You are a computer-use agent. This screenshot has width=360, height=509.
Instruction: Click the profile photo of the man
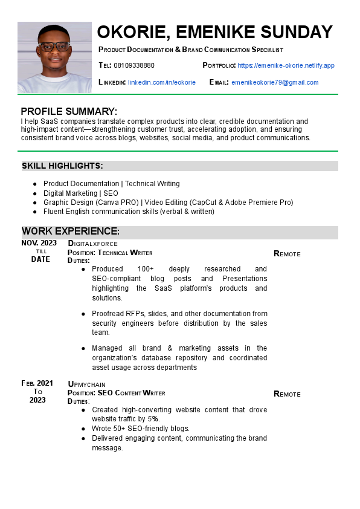coord(54,57)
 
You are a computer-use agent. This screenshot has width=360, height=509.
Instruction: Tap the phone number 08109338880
coord(134,65)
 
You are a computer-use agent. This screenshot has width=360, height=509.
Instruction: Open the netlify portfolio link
coord(286,65)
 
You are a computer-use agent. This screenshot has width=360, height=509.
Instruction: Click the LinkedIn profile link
coord(162,82)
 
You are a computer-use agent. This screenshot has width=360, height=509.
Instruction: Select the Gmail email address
coord(275,82)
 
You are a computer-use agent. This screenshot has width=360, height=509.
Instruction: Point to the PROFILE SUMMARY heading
coord(69,111)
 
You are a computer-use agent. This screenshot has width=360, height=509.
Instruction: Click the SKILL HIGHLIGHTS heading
coord(62,166)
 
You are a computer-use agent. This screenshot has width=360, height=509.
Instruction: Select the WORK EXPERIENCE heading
coord(71,232)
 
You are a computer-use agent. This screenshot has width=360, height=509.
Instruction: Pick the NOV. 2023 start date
coord(39,243)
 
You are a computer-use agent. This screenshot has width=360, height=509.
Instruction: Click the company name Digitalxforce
coord(92,244)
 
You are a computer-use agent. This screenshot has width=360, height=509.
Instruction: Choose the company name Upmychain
coord(88,384)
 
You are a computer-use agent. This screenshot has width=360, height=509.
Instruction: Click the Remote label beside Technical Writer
coord(287,254)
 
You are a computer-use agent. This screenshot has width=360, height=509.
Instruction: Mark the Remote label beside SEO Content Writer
coord(287,394)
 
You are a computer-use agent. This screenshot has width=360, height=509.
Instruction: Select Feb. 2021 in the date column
coord(37,383)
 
